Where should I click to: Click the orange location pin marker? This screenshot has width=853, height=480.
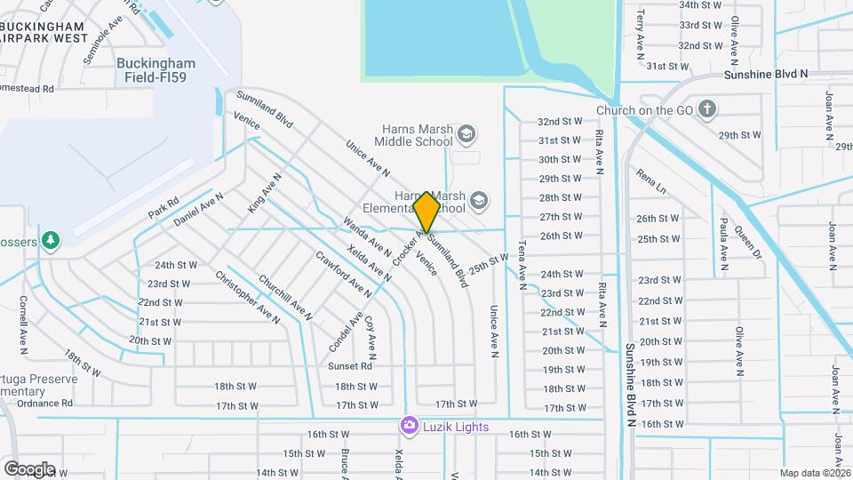pos(426,212)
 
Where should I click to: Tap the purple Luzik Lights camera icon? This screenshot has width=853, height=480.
pos(409,427)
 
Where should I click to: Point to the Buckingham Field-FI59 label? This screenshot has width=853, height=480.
pos(155,70)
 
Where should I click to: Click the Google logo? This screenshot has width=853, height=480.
pos(29,468)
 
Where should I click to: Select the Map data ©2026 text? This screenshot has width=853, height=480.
pos(815,473)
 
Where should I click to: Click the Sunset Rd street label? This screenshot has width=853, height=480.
pos(349,366)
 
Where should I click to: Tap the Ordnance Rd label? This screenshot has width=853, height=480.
pos(43,403)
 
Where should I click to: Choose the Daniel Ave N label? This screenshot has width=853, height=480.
pos(198,208)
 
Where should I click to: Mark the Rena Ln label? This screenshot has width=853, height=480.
pos(650,183)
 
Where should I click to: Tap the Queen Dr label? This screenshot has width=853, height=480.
pos(749,240)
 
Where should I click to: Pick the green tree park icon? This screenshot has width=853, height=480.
pos(52,240)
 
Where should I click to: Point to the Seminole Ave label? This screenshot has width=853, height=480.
pos(100,47)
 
